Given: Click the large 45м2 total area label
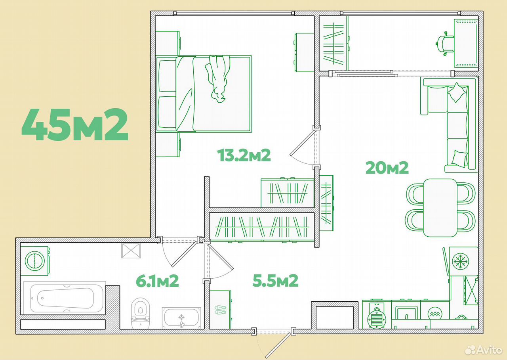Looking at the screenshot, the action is (x=75, y=124).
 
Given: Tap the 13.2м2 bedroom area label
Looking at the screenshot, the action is (x=244, y=155).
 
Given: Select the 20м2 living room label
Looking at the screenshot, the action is (x=387, y=168).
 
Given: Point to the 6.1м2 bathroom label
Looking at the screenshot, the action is (x=157, y=281).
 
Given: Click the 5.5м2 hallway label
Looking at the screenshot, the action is (x=275, y=280).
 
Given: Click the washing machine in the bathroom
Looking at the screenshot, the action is (x=35, y=261).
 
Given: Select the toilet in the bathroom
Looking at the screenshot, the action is (x=140, y=314).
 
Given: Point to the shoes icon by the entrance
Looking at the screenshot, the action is (x=221, y=310).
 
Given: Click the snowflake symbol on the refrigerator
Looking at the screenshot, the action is (x=460, y=261).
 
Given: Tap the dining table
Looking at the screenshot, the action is (x=440, y=208).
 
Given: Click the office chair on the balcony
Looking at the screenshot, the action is (x=444, y=44).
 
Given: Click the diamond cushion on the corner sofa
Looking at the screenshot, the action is (x=457, y=93).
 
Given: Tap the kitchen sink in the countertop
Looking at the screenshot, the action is (x=406, y=312).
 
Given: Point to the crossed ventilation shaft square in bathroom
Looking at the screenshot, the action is (x=131, y=251).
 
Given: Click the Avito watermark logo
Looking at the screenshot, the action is (x=484, y=350).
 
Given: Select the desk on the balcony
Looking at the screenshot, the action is (x=466, y=43).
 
